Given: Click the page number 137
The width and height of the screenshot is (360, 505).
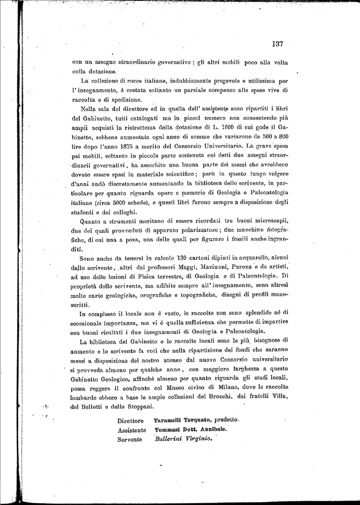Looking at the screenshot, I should [x=277, y=44].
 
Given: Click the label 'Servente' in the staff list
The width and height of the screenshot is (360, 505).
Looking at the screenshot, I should [x=130, y=439].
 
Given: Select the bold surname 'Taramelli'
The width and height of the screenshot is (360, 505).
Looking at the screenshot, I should [x=171, y=420].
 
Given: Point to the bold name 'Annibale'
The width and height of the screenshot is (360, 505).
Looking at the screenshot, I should [x=213, y=430].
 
